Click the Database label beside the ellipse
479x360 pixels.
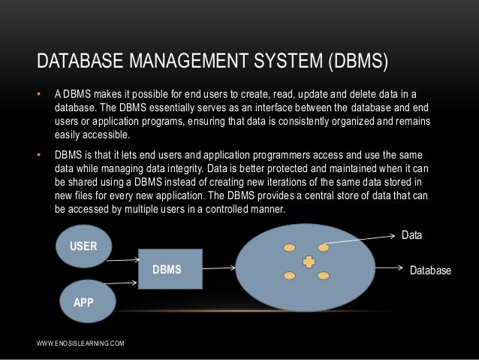click(x=430, y=268)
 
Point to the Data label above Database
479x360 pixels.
click(x=412, y=236)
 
